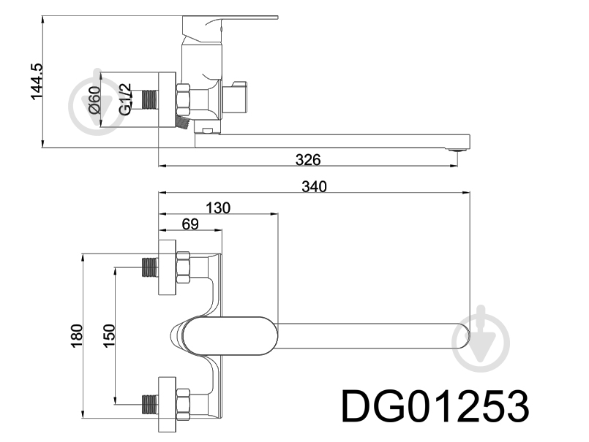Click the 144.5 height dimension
[37, 82]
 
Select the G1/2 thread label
[125, 99]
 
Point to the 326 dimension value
[308, 160]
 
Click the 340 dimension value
[315, 186]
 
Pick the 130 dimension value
[218, 207]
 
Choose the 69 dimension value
[190, 224]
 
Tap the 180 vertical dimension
[76, 336]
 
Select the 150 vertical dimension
[109, 335]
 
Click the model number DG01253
[435, 407]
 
